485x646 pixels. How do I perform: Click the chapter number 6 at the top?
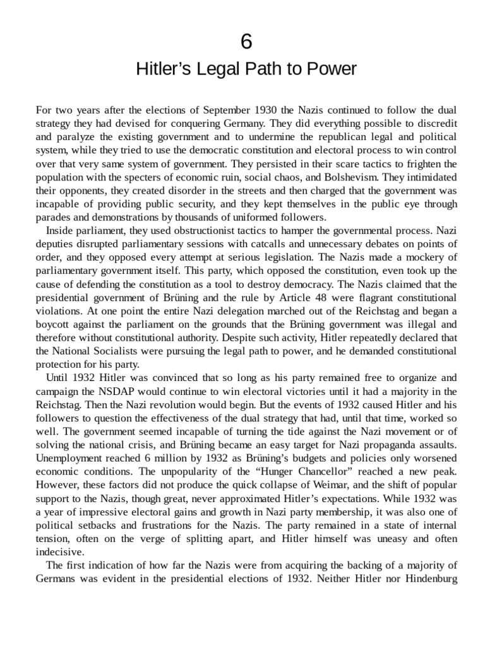pyautogui.click(x=246, y=42)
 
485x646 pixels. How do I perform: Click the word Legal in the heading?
pyautogui.click(x=210, y=69)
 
